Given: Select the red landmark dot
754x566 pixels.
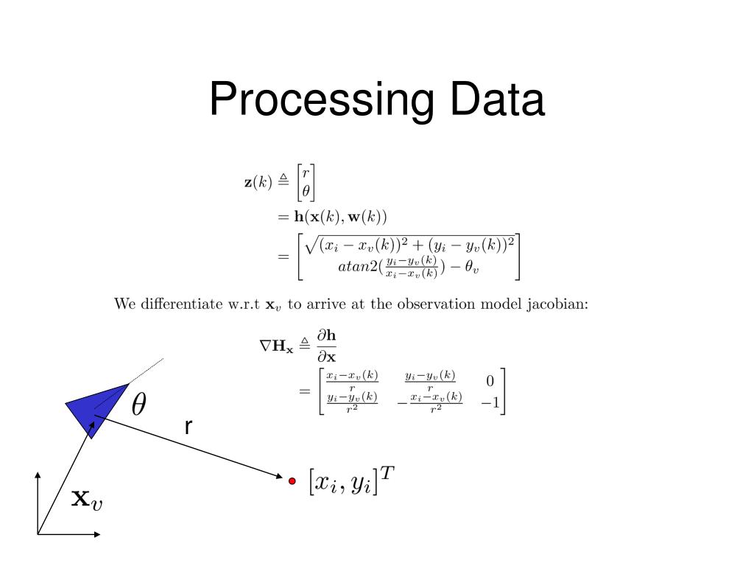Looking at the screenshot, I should coord(292,481).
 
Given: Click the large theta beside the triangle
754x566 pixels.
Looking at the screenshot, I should coord(138,403).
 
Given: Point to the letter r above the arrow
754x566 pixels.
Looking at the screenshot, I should coord(189,427).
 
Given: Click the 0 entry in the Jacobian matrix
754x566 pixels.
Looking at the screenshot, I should coord(490,381).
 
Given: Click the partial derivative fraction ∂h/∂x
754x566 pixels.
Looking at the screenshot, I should coord(326,345).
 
